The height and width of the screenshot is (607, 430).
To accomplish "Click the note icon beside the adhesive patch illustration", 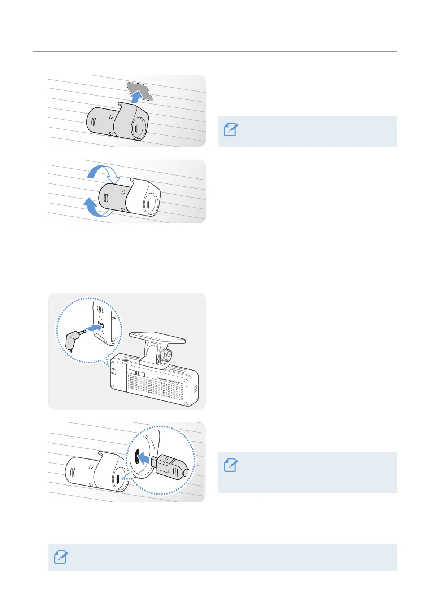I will (231, 129).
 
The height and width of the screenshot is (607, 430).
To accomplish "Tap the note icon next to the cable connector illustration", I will (231, 465).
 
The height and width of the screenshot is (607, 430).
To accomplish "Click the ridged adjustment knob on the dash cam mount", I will (165, 355).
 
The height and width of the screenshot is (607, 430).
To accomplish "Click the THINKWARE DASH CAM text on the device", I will (170, 381).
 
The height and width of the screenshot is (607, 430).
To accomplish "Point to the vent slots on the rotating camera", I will (106, 198).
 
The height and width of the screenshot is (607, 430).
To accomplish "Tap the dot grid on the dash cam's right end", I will (195, 390).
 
